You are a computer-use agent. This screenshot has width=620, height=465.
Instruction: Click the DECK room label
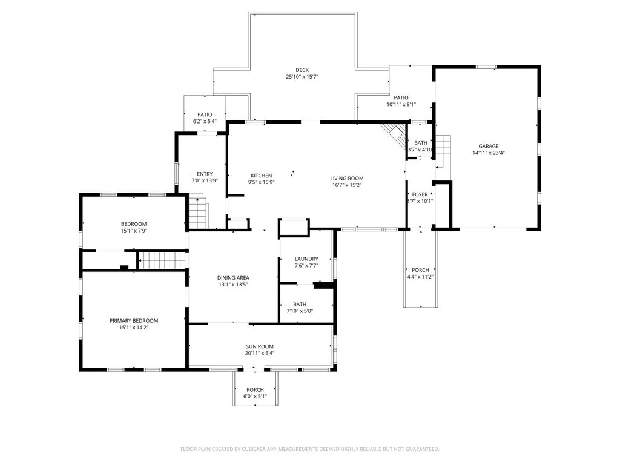tap(302, 70)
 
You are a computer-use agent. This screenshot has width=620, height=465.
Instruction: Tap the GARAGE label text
tap(488, 146)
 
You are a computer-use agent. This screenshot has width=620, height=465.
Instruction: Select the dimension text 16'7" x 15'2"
tap(346, 186)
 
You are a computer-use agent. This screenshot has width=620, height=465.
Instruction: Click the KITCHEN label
tap(260, 176)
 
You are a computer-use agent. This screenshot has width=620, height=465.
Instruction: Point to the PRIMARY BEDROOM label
tap(134, 320)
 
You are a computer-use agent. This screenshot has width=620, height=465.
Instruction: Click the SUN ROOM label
tap(260, 346)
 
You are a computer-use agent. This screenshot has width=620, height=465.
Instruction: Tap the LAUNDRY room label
tap(306, 259)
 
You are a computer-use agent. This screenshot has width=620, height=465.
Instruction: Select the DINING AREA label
tap(233, 277)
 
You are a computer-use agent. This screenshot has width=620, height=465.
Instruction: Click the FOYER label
tap(420, 194)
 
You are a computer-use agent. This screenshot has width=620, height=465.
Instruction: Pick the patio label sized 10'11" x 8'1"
tap(401, 97)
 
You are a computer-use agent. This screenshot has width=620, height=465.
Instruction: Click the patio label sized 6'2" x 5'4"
tap(205, 114)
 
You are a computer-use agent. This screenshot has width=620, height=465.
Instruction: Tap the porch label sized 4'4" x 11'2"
tap(420, 269)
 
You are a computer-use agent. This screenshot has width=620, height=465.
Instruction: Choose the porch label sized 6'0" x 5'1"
tap(255, 389)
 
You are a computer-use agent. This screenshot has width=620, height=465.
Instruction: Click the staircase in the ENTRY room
tap(197, 213)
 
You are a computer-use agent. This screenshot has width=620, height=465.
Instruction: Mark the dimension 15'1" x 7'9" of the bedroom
tap(134, 231)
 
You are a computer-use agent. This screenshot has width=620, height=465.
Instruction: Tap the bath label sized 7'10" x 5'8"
tap(300, 304)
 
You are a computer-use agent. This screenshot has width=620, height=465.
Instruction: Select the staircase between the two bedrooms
tap(162, 261)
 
